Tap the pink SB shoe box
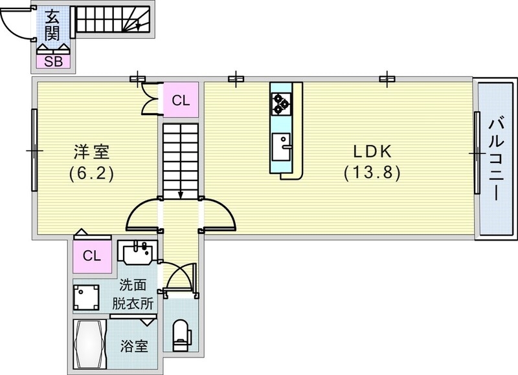53,61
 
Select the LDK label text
372,153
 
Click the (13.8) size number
372,173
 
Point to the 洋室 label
91,153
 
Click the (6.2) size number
91,173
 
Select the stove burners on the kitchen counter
281,102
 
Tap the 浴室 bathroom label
134,346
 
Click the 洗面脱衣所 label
136,293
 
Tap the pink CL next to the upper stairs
181,100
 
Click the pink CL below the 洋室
91,255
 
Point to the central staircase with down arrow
180,162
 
